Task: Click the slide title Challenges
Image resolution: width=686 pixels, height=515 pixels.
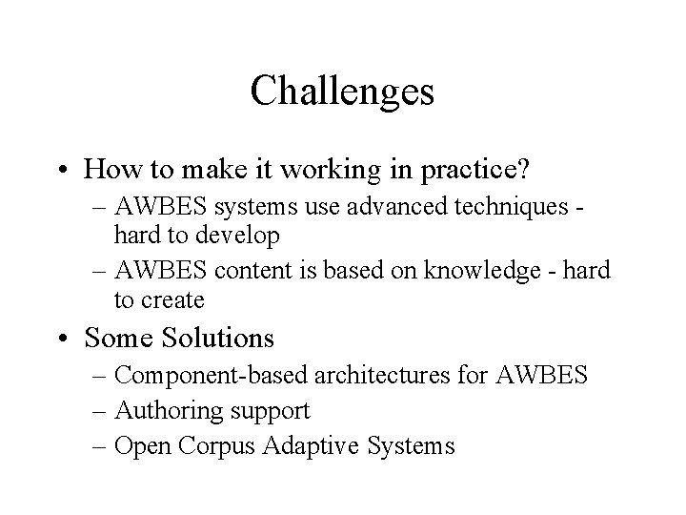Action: [342, 92]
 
